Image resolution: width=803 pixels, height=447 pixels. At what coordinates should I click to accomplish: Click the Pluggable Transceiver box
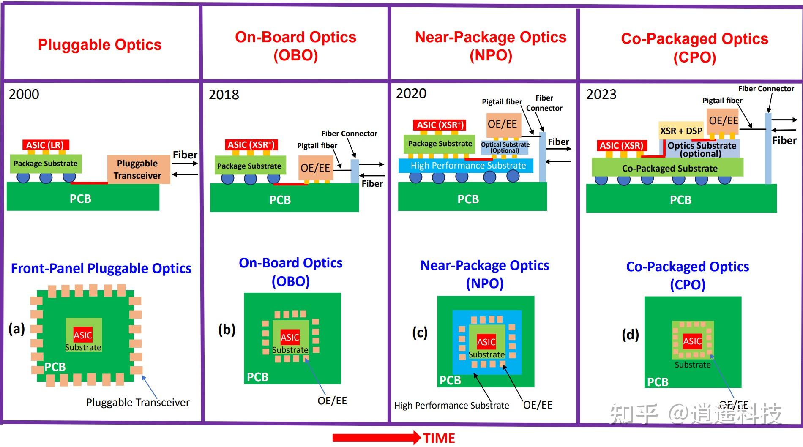tap(138, 169)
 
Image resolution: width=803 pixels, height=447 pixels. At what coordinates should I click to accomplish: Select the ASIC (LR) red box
tap(45, 145)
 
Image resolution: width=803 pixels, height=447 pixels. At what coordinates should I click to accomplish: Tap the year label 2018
tap(224, 95)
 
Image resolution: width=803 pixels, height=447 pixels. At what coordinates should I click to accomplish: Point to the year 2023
tap(601, 94)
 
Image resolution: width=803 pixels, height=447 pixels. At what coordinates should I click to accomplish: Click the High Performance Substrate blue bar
tap(466, 166)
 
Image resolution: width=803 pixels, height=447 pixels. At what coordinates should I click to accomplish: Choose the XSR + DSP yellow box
tap(681, 131)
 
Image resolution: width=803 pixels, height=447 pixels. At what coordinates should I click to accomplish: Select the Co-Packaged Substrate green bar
tap(669, 168)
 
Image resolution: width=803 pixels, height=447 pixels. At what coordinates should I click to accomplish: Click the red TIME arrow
tap(376, 438)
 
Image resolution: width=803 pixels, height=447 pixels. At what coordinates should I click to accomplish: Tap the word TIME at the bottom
tap(439, 438)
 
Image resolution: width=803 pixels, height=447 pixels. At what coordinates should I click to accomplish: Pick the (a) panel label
tap(17, 328)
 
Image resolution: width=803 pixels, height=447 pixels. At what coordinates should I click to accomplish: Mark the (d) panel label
tap(630, 335)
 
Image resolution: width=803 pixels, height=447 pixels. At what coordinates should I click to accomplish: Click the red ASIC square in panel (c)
tap(486, 342)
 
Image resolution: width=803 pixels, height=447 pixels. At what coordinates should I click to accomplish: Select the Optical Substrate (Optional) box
tap(505, 147)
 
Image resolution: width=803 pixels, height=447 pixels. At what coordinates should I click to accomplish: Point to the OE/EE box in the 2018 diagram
tap(315, 168)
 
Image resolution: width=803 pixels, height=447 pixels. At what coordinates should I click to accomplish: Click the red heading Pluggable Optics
tap(100, 45)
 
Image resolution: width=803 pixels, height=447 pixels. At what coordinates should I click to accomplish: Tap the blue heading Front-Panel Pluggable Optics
tap(101, 268)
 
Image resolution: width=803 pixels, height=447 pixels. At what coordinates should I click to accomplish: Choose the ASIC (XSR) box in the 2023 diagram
tap(621, 146)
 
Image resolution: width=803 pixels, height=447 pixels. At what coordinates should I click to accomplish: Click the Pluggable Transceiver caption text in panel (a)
tap(138, 402)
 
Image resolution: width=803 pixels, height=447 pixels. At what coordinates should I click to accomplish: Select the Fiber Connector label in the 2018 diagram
tap(349, 134)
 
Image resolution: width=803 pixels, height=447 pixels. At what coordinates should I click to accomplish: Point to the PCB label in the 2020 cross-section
tap(468, 199)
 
